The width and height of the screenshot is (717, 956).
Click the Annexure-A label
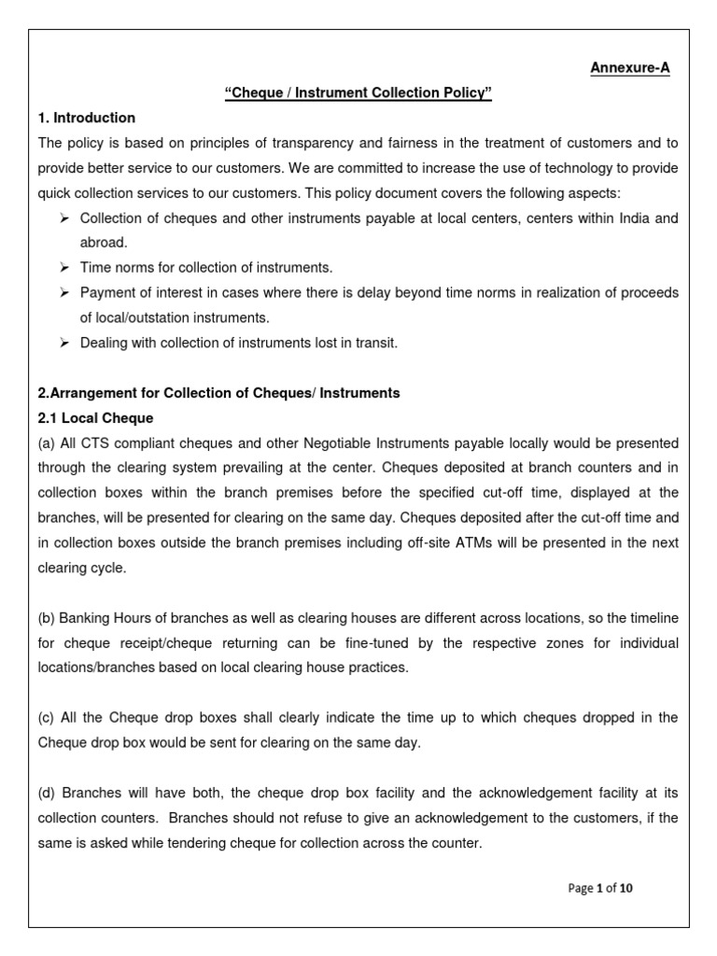629,68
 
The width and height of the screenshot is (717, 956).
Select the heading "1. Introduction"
86,118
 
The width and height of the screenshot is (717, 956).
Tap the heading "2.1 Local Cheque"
95,417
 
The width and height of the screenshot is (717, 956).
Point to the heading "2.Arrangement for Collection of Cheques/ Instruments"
218,393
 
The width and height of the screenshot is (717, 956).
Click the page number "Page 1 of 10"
600,888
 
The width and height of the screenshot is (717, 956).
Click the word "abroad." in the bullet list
104,242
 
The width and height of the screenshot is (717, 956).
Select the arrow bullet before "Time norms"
64,267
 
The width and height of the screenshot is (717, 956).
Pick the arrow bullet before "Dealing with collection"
64,343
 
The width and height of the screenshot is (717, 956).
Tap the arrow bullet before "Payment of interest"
64,292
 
